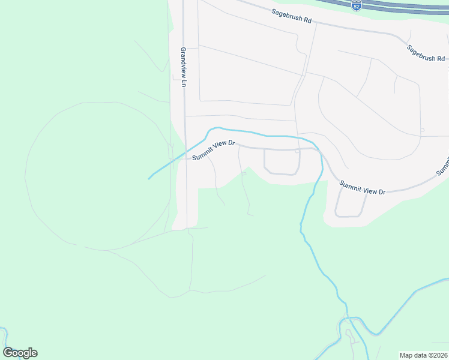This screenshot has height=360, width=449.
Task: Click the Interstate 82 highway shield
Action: click(357, 5)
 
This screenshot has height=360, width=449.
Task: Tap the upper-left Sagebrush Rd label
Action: click(291, 16)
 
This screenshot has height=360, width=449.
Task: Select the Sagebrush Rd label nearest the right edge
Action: click(425, 53)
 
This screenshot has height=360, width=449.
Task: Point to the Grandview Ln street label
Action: click(184, 67)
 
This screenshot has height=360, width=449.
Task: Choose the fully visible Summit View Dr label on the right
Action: click(362, 188)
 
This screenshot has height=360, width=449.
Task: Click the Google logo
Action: click(20, 353)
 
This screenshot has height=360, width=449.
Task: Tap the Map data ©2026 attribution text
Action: click(423, 355)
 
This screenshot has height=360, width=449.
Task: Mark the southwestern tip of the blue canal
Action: click(149, 178)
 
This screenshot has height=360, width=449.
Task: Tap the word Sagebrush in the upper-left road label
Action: click(285, 14)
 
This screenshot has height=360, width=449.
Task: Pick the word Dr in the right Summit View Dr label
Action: click(381, 192)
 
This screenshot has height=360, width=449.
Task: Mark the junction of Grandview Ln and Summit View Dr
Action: click(185, 159)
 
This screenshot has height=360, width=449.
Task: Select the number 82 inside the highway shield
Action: click(357, 7)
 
